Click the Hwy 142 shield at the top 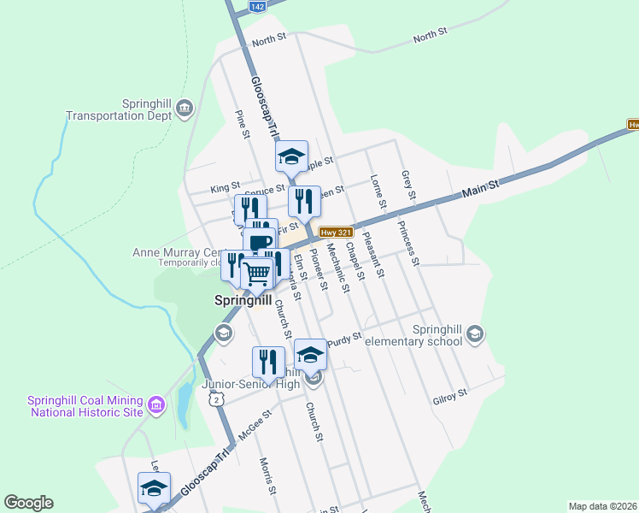pyautogui.click(x=258, y=6)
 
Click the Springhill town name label pyautogui.click(x=242, y=301)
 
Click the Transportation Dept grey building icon pyautogui.click(x=185, y=108)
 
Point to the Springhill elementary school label pyautogui.click(x=413, y=335)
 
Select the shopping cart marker pyautogui.click(x=257, y=274)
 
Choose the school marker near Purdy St pyautogui.click(x=310, y=353)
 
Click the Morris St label pyautogui.click(x=267, y=476)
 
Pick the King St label pyautogui.click(x=225, y=186)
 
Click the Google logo pyautogui.click(x=28, y=503)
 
